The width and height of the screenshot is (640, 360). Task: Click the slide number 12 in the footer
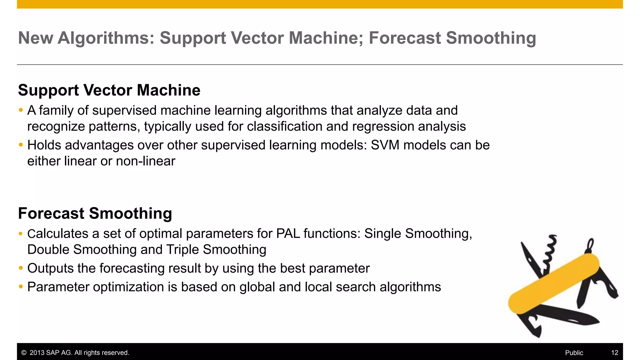tap(614, 353)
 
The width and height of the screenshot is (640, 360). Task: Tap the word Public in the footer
tap(574, 353)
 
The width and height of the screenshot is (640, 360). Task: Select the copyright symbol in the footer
tap(24, 353)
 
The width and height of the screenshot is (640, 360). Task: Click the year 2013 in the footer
tap(37, 353)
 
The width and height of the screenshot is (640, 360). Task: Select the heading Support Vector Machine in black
tap(109, 90)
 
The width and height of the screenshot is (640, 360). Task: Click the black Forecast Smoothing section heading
tap(95, 213)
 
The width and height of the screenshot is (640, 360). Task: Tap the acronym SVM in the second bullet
tap(385, 145)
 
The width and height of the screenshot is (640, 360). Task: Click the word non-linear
tap(146, 161)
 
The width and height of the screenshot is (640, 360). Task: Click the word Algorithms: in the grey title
tap(106, 38)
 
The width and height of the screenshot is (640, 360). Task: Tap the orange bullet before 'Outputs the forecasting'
tap(21, 268)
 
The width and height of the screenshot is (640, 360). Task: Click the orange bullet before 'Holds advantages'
tap(21, 145)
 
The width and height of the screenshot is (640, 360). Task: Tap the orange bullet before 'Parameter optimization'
tap(21, 287)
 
